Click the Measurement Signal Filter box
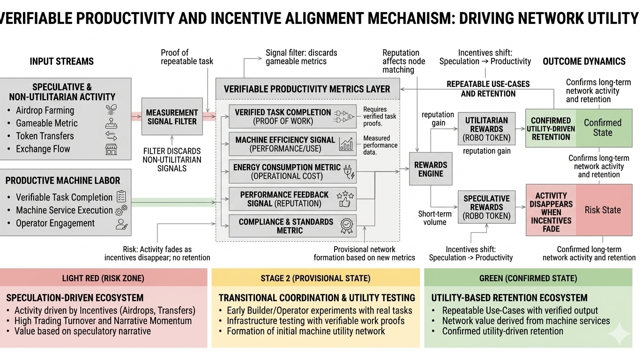(x=172, y=117)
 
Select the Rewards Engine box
(x=430, y=169)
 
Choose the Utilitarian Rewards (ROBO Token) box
(x=486, y=129)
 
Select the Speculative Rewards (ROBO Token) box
(x=486, y=207)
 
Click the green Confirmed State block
(x=602, y=127)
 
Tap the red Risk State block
(x=602, y=210)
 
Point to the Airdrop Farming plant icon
(x=112, y=110)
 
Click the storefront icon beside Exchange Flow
(x=112, y=149)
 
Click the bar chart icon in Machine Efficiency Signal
(x=346, y=144)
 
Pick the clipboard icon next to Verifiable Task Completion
(x=121, y=197)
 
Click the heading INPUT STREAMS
(x=61, y=61)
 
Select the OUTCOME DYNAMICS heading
(x=584, y=61)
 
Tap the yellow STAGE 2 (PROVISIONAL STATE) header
(x=315, y=278)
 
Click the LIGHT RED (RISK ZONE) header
(x=103, y=278)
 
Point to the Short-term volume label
(x=434, y=218)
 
